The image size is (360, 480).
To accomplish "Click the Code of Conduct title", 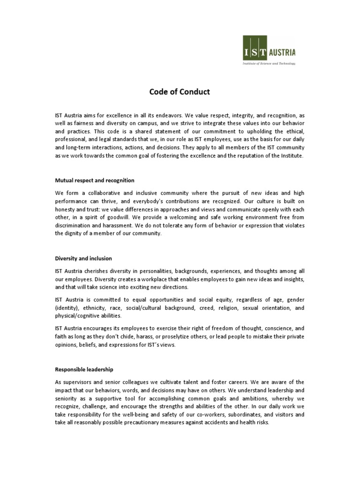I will [x=180, y=92].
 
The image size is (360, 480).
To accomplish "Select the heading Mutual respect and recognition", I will [x=95, y=180].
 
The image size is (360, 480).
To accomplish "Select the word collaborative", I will [x=103, y=193].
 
